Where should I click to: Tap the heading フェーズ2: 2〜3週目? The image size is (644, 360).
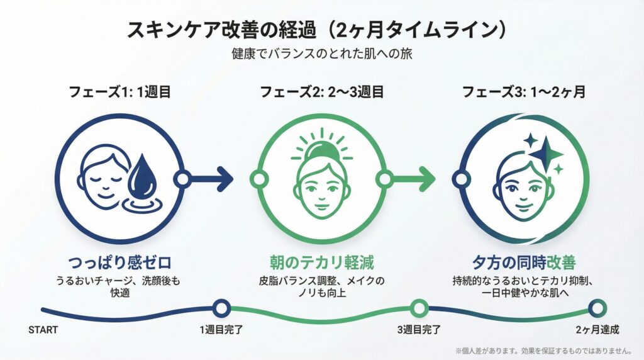point(322,92)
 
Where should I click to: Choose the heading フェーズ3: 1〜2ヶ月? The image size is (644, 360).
point(524,92)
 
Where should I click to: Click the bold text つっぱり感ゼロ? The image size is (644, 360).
point(119,261)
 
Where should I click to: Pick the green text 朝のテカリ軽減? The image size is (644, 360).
point(322,261)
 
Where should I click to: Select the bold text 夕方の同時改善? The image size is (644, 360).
point(524,261)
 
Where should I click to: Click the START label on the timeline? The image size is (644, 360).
point(43,330)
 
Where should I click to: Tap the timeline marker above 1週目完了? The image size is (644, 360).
point(220,308)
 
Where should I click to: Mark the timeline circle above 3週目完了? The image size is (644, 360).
point(419,308)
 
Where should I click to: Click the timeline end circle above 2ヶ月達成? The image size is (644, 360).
point(597,308)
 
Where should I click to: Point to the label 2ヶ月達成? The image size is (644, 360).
point(597,330)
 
